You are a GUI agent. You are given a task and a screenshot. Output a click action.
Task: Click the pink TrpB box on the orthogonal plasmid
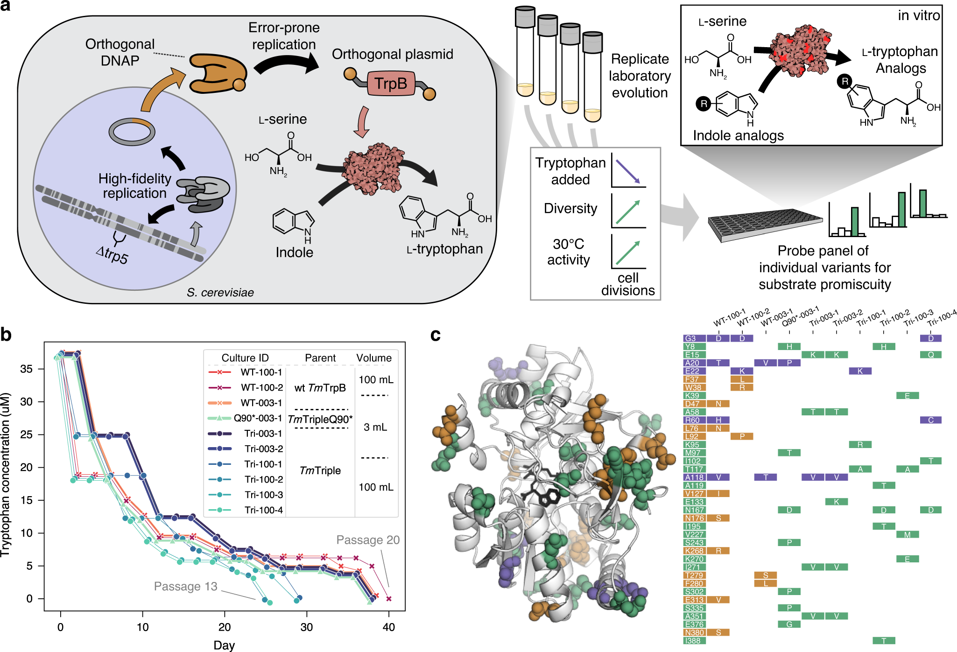click(391, 84)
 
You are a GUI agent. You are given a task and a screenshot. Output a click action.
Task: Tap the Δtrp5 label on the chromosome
click(112, 254)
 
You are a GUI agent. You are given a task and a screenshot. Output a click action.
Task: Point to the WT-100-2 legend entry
click(261, 387)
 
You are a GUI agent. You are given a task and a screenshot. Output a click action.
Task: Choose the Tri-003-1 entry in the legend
click(263, 434)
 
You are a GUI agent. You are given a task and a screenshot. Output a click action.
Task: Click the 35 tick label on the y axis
click(26, 369)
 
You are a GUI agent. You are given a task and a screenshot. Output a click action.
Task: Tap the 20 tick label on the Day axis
click(225, 627)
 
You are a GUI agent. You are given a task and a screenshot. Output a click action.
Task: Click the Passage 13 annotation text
click(186, 586)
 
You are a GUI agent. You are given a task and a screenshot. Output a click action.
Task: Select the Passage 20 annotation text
click(368, 540)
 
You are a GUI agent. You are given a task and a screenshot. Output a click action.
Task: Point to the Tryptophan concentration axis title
click(6, 475)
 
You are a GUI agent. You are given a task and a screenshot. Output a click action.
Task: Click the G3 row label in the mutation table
click(691, 338)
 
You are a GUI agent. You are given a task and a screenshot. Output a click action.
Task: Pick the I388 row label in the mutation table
click(693, 641)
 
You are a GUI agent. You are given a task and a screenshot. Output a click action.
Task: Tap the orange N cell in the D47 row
click(718, 404)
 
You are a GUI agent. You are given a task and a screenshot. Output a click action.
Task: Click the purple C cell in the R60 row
click(930, 420)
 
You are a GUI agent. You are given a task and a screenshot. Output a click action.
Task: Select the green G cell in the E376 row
click(789, 624)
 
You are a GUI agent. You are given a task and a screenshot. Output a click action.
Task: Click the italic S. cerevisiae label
click(220, 293)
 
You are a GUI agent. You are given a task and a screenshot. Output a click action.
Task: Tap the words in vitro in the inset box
click(918, 16)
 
